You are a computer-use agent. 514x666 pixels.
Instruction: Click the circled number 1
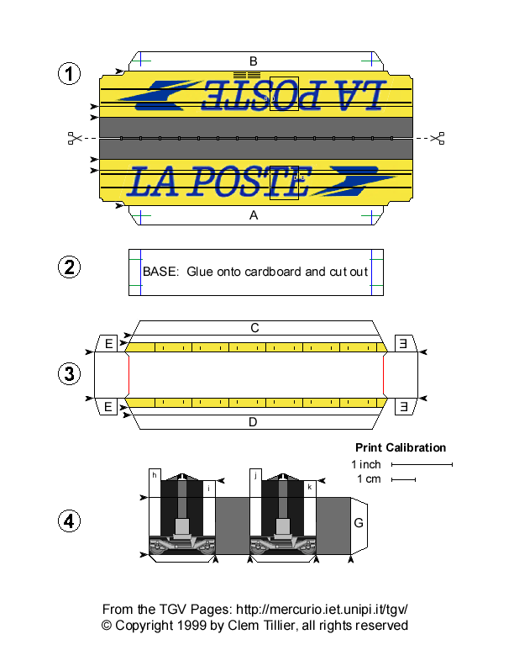point(69,74)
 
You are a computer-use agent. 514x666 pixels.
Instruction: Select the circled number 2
point(69,268)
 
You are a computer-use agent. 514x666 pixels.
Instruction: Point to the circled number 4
point(69,521)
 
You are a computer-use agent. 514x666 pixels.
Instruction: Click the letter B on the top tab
point(253,61)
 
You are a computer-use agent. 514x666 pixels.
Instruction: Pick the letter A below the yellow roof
point(253,215)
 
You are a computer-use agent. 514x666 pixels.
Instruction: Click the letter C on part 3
point(254,327)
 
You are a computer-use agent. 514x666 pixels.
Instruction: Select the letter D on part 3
point(253,421)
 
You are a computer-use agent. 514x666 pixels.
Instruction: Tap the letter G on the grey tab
point(359,523)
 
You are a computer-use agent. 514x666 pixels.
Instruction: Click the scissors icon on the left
point(74,138)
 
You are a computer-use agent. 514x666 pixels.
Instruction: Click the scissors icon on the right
point(437,138)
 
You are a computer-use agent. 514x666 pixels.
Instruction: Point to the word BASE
point(160,272)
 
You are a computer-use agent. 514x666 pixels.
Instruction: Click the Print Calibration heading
point(401,447)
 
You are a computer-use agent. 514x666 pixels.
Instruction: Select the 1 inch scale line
point(422,464)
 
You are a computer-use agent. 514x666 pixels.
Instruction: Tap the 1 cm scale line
point(404,480)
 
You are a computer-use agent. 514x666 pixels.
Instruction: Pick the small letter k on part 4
point(310,487)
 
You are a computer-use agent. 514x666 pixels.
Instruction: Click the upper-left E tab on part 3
point(108,343)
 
